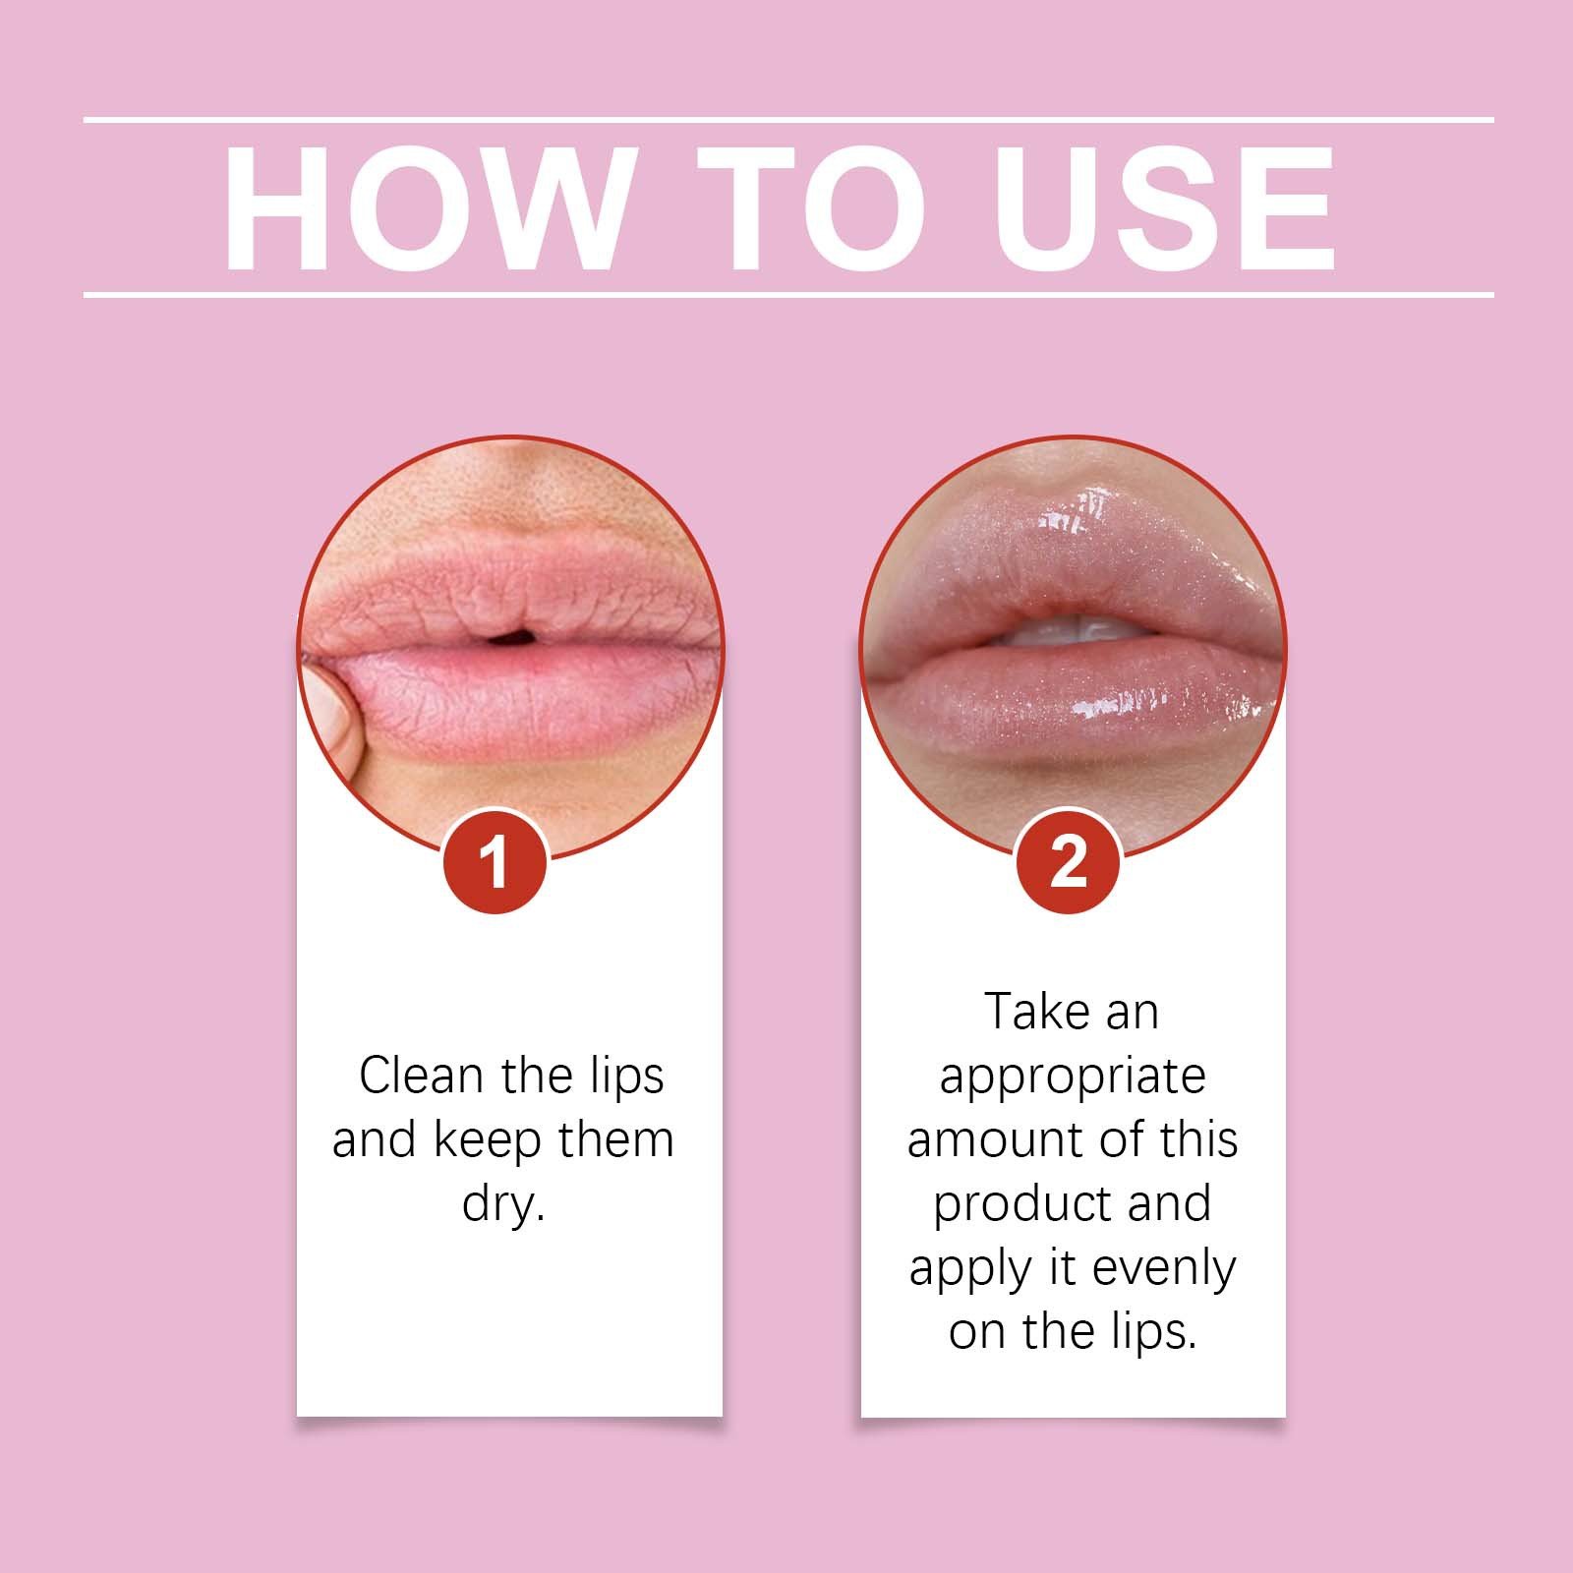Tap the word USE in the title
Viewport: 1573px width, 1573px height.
pos(1165,208)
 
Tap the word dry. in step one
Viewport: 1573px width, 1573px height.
pos(503,1203)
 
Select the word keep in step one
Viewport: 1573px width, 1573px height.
pos(488,1140)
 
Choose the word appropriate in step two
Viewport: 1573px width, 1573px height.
pos(1072,1078)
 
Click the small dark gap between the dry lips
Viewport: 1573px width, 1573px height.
pos(510,640)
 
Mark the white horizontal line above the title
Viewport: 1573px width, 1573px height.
pos(786,120)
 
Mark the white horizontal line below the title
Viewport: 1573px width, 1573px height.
pos(786,294)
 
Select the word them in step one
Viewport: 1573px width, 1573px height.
pos(615,1140)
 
